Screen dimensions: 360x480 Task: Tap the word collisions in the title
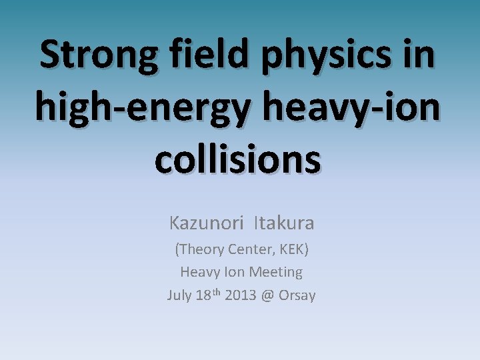239,159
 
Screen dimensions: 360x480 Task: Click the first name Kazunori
206,222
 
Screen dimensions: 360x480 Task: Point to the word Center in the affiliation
250,250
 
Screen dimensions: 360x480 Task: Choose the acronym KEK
293,250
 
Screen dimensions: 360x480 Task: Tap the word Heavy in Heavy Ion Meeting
197,272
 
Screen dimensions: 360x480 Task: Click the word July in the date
179,295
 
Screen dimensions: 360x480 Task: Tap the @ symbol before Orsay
267,295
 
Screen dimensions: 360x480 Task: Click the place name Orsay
297,295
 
